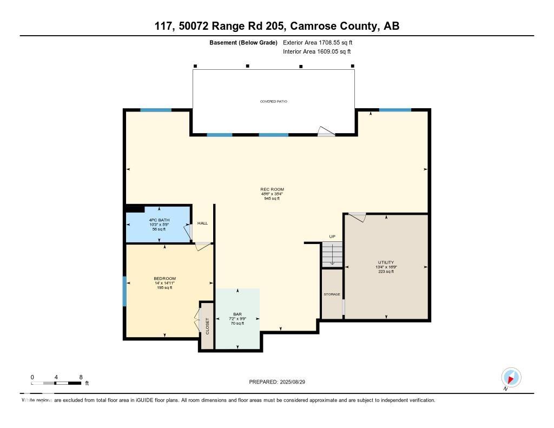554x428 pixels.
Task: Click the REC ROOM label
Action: tap(272, 189)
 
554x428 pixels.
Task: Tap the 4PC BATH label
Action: tap(159, 220)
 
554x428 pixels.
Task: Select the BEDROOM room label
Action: tap(164, 279)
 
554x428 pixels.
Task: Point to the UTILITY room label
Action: tap(386, 262)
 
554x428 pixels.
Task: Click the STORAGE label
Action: tap(332, 294)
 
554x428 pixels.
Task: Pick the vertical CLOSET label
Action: tap(207, 326)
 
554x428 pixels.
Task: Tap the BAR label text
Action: tap(237, 314)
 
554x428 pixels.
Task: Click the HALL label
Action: tap(202, 223)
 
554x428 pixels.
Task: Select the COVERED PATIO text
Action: tap(274, 101)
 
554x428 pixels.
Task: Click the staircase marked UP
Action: tap(332, 254)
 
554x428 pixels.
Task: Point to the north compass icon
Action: tap(511, 377)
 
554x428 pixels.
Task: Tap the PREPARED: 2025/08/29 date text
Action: tap(281, 382)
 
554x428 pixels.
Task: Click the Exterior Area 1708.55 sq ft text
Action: tap(318, 42)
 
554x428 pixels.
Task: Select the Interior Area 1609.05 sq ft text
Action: tap(317, 51)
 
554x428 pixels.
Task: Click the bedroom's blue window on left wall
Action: tap(124, 291)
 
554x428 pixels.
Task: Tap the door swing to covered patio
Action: tap(326, 131)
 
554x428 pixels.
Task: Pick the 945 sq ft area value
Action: tap(272, 199)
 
